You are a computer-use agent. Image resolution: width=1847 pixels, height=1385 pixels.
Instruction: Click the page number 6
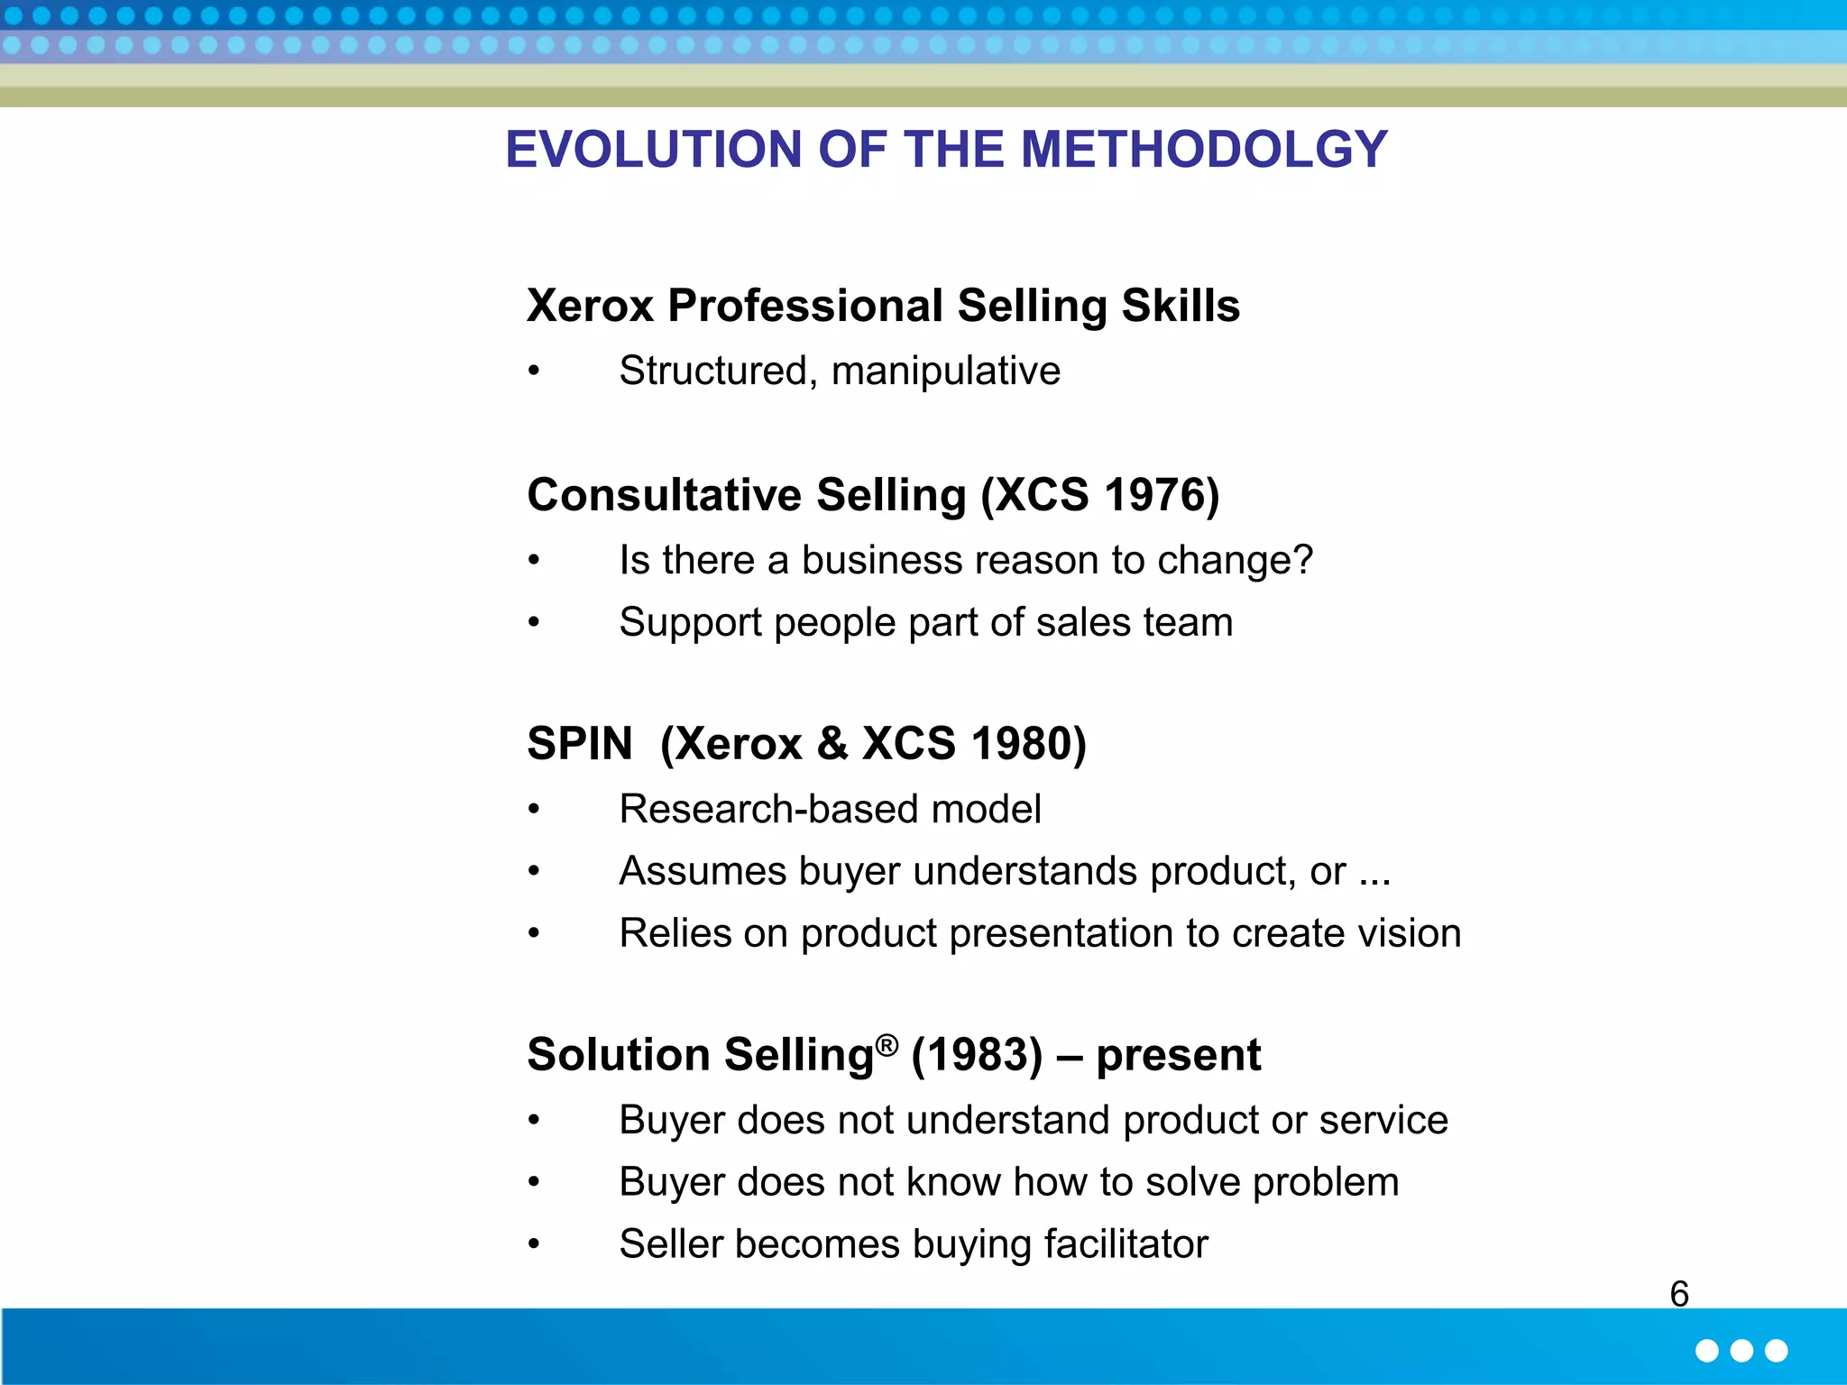tap(1678, 1294)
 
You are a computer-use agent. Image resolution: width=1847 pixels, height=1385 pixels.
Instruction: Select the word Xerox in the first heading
tap(590, 306)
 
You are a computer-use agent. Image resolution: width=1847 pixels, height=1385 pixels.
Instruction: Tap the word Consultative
tap(665, 495)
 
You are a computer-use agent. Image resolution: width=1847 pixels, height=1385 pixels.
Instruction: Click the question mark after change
tap(1302, 560)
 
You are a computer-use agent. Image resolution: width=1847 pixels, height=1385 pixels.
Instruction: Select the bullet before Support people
tap(534, 622)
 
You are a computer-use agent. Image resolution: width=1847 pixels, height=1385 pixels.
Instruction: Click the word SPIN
tap(580, 744)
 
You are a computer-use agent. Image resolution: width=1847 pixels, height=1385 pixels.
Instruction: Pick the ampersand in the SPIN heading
tap(832, 744)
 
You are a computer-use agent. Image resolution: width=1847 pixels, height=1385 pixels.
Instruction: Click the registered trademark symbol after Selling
tap(887, 1045)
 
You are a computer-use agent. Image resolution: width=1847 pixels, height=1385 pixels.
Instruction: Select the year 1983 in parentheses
tap(977, 1055)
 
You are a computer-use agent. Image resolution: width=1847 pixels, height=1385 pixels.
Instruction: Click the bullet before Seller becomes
tap(534, 1244)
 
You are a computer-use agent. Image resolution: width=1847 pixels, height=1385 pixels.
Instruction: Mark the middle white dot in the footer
tap(1741, 1350)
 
